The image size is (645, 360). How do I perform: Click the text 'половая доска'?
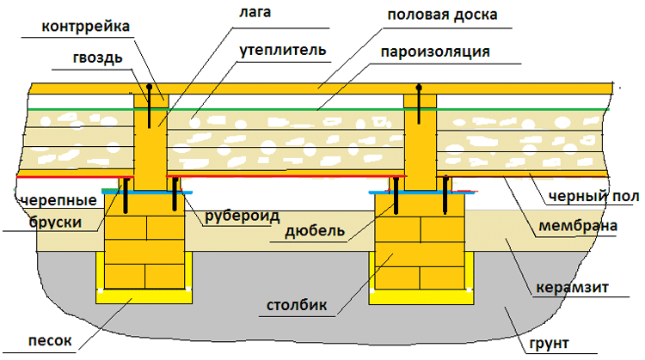click(442, 15)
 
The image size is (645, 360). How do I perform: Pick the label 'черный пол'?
click(594, 197)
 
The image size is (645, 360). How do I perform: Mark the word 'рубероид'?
click(242, 216)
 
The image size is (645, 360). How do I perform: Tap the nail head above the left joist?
click(150, 87)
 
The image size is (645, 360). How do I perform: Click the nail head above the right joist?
click(420, 87)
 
